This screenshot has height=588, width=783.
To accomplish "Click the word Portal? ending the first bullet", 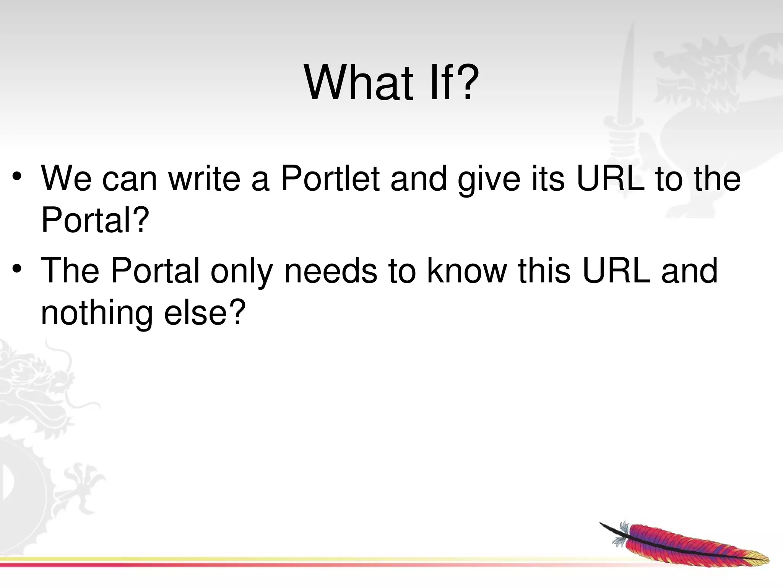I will tap(94, 220).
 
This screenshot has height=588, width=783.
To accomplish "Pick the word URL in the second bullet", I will tap(616, 271).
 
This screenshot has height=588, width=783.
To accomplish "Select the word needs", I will tap(330, 271).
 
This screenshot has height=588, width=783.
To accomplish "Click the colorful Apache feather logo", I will tap(684, 544).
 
